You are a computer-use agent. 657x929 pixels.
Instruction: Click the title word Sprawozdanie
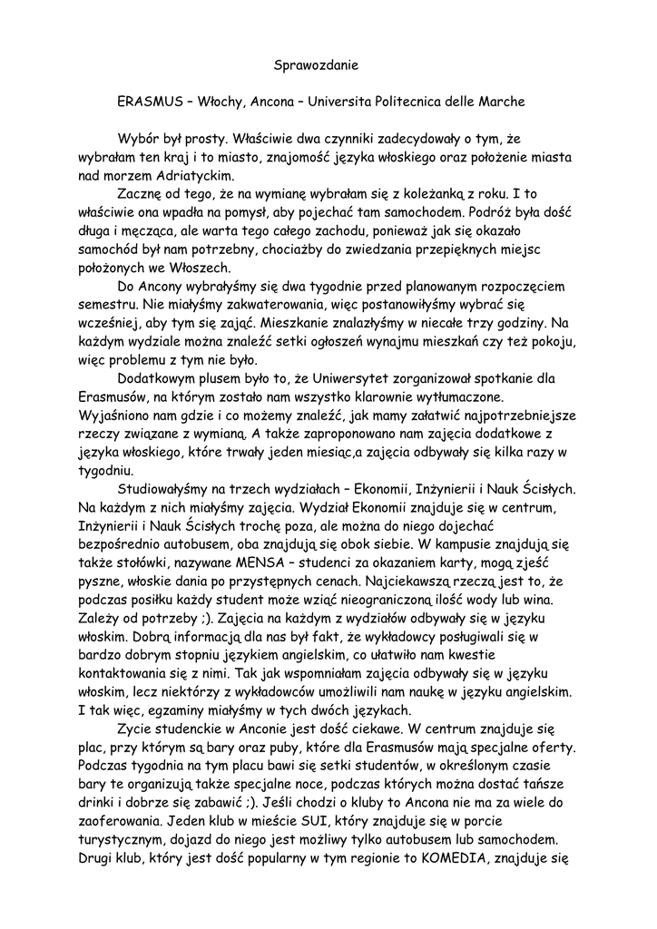(x=317, y=65)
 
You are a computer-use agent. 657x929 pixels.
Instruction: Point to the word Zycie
(x=136, y=730)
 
